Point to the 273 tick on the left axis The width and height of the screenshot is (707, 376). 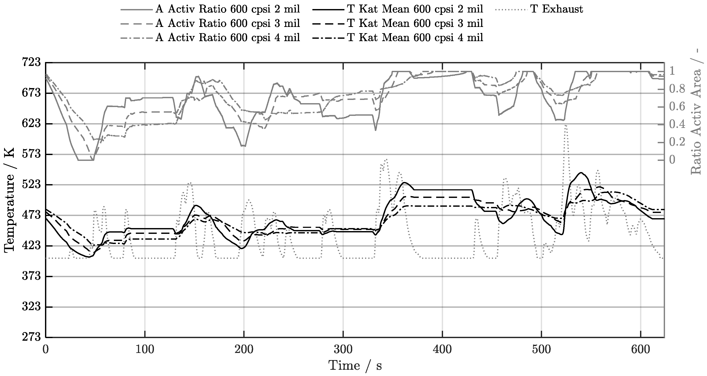click(x=31, y=337)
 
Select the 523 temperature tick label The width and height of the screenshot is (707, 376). click(x=31, y=185)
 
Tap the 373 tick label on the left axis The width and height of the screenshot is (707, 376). click(x=31, y=276)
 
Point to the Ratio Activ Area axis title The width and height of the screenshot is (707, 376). click(x=696, y=115)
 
